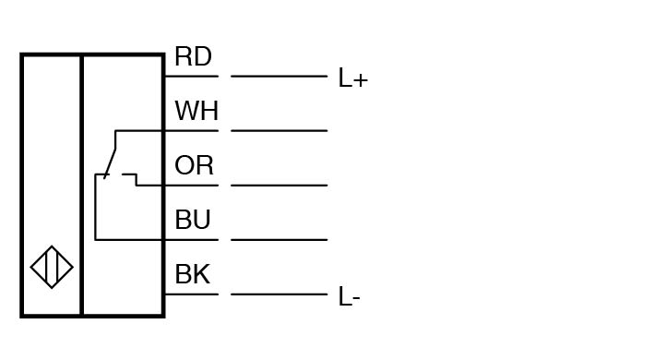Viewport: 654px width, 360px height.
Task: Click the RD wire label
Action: (x=193, y=56)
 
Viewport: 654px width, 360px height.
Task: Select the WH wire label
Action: (x=196, y=111)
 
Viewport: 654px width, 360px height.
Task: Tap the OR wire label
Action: (x=194, y=165)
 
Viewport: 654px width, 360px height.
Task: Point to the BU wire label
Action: (x=193, y=220)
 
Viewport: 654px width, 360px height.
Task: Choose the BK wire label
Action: (x=192, y=274)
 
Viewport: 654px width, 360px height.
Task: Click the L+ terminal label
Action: (x=353, y=78)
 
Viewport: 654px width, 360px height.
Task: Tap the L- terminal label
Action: (x=349, y=296)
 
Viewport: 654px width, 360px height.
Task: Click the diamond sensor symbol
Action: (x=52, y=267)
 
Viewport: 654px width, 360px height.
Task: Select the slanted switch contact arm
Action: (x=110, y=163)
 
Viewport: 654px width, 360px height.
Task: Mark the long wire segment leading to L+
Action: (x=279, y=77)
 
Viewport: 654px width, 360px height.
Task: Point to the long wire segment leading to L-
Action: (x=279, y=294)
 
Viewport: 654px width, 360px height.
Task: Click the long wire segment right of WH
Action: (x=279, y=131)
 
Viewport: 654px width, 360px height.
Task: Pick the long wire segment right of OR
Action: (x=279, y=186)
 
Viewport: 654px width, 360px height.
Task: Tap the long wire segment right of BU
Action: (x=279, y=240)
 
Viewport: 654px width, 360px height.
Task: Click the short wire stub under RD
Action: (x=192, y=77)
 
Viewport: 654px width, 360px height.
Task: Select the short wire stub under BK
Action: (x=192, y=294)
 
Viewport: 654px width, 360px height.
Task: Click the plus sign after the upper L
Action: (x=361, y=79)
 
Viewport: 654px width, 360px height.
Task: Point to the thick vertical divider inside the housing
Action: (x=82, y=186)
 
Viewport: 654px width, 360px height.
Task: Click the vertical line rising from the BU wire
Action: (x=96, y=207)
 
